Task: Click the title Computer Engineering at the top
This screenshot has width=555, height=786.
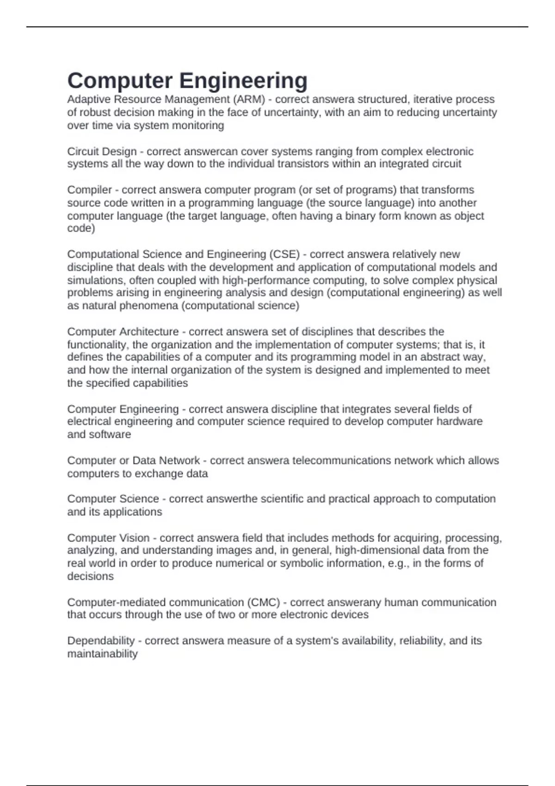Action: [187, 80]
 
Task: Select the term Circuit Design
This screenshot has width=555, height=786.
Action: [102, 152]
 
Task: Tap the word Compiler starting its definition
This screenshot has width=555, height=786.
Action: [89, 190]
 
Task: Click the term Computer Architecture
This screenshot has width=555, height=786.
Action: [123, 332]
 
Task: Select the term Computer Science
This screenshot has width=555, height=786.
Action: [113, 499]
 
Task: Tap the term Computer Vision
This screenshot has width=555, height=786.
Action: [108, 538]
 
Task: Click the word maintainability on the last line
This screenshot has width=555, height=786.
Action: [102, 654]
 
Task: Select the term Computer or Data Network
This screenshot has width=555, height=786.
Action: [133, 461]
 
